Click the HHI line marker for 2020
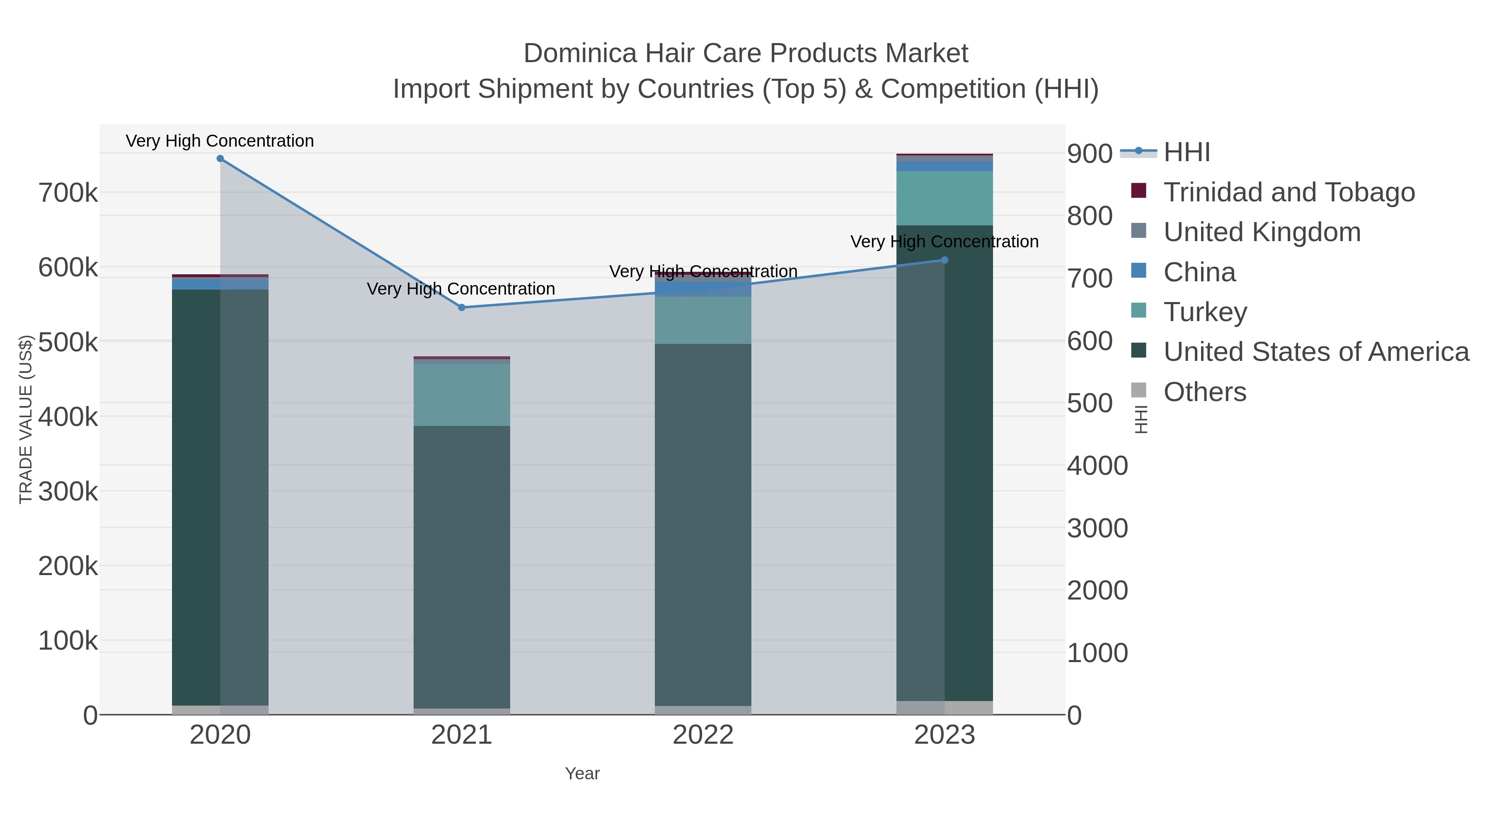click(x=220, y=159)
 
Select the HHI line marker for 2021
click(x=462, y=307)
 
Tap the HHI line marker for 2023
click(x=945, y=260)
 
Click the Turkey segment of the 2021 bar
click(x=462, y=395)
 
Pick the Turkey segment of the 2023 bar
click(x=945, y=198)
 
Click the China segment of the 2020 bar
click(x=220, y=284)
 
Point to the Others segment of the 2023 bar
click(x=945, y=708)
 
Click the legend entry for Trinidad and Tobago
click(x=1289, y=192)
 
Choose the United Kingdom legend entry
click(x=1262, y=232)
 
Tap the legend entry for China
click(x=1199, y=272)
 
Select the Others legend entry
click(x=1204, y=392)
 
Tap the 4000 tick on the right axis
click(x=1097, y=466)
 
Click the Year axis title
click(x=582, y=774)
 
